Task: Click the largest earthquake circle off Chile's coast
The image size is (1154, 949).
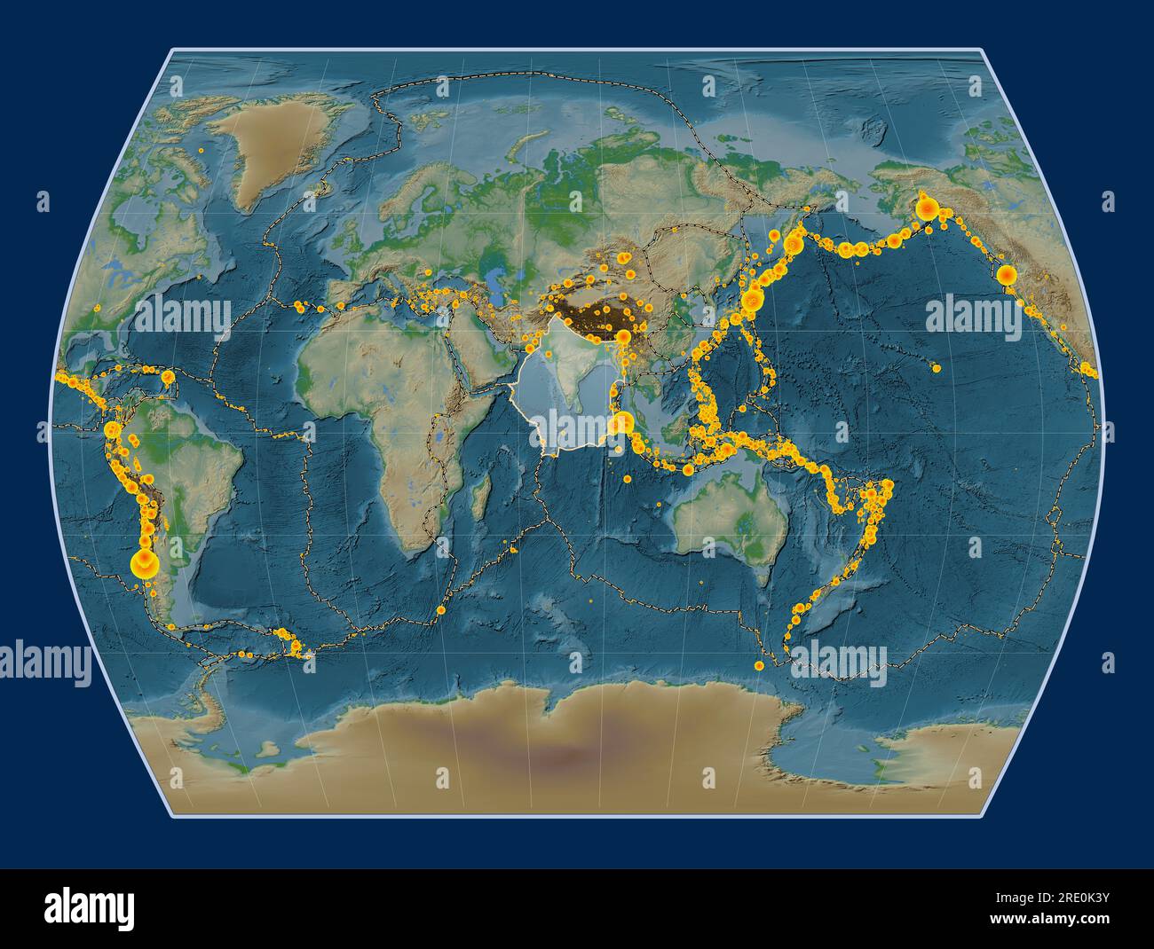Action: tap(141, 561)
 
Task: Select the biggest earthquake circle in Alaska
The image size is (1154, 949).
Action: tap(927, 209)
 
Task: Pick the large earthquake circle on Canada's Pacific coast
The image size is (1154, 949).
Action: tap(1006, 276)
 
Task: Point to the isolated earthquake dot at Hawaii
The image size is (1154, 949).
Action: tap(936, 366)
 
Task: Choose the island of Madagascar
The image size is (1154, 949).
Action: tap(482, 497)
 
